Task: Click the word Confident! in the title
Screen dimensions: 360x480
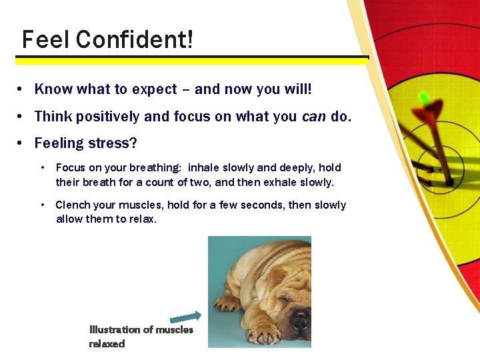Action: (135, 40)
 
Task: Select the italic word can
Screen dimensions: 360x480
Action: (313, 117)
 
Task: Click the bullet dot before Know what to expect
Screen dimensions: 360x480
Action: (22, 89)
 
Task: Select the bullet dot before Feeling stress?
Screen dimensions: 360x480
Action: (22, 143)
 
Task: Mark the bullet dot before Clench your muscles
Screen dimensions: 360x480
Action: (43, 205)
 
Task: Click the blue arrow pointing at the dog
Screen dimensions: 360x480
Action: (185, 317)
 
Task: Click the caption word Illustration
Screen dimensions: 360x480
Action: (115, 329)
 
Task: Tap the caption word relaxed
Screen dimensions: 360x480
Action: (107, 343)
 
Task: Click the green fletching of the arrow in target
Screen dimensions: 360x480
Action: (425, 99)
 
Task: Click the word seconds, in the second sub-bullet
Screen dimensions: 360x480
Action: (261, 205)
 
